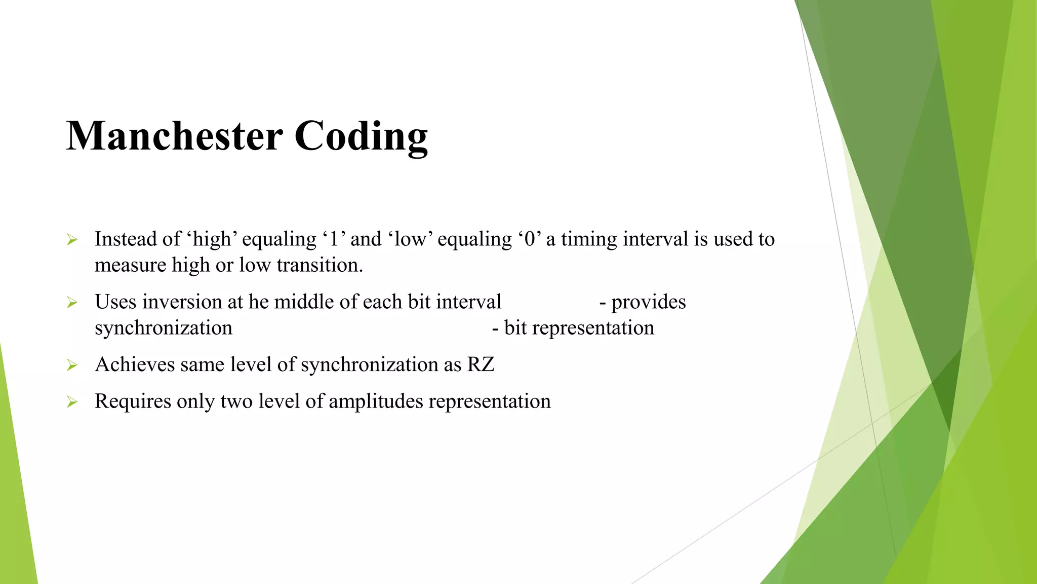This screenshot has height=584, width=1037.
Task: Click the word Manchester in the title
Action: (x=174, y=136)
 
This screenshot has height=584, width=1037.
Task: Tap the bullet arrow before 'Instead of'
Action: (x=72, y=240)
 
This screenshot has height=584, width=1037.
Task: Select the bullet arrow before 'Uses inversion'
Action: (x=72, y=303)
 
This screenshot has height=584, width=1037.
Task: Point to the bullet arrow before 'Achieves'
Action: (x=72, y=365)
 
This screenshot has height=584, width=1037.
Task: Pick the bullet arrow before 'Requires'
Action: (x=72, y=402)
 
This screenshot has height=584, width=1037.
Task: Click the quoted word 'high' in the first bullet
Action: (x=213, y=239)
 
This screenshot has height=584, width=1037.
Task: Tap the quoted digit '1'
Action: (x=333, y=239)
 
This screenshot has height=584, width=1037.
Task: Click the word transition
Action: (x=319, y=265)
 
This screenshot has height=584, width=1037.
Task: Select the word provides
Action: (x=648, y=302)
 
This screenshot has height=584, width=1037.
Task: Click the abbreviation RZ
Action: (x=481, y=364)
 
